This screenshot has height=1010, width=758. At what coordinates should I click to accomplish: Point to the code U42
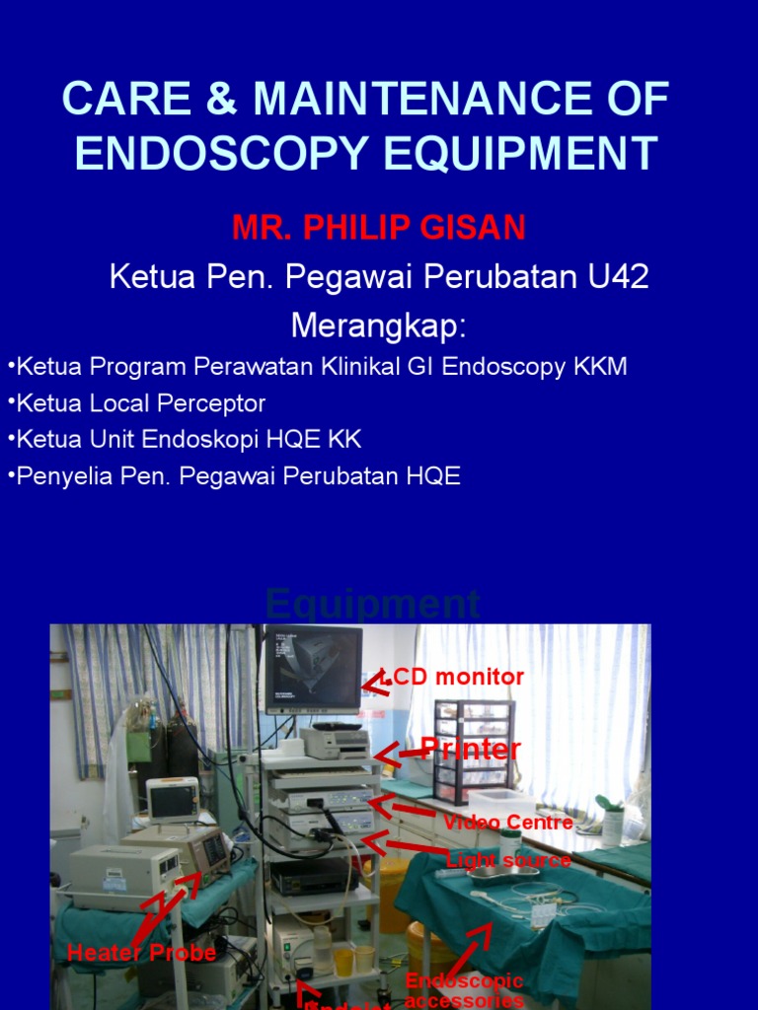[619, 277]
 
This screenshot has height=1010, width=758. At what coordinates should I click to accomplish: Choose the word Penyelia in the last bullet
[58, 476]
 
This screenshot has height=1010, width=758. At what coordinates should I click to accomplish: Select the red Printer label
[471, 750]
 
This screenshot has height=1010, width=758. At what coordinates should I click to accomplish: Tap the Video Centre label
[508, 822]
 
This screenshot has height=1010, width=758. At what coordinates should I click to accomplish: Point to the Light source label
[508, 860]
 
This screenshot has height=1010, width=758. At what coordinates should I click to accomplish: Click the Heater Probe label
[141, 953]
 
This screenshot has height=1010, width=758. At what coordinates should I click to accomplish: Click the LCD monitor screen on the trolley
[313, 669]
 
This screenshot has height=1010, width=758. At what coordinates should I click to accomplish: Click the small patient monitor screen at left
[172, 800]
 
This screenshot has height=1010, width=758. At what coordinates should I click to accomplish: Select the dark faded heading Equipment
[372, 604]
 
